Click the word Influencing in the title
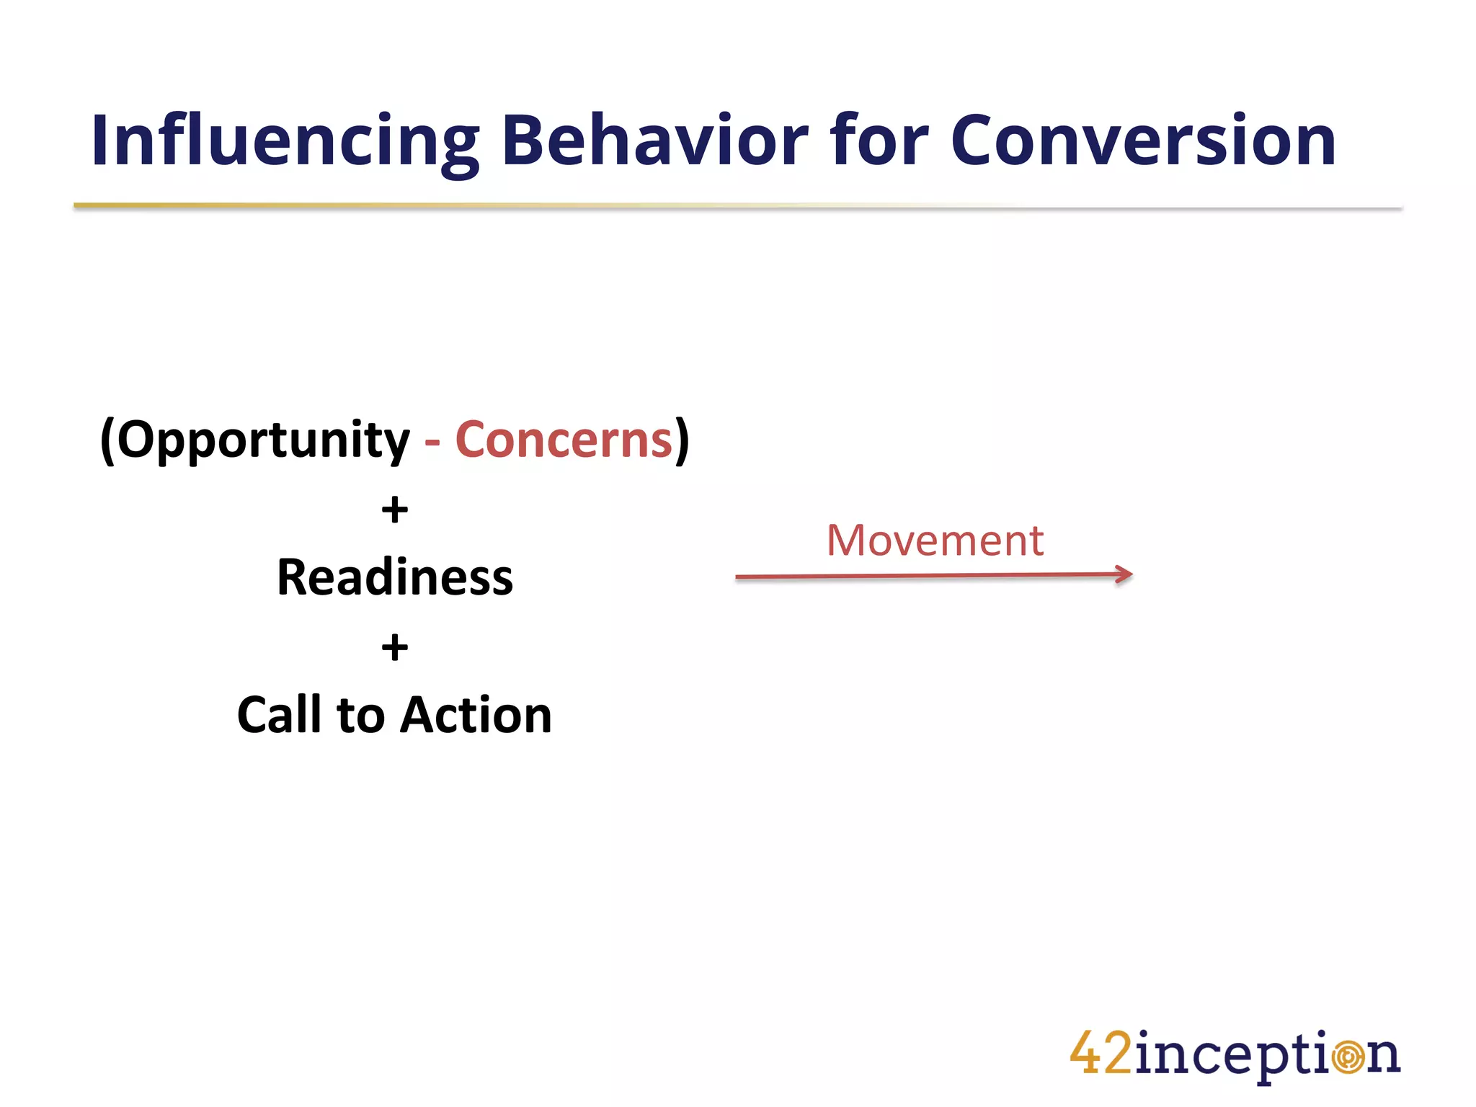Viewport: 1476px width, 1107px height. click(x=285, y=141)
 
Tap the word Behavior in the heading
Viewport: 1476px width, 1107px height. click(x=654, y=141)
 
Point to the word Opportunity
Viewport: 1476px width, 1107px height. click(x=263, y=440)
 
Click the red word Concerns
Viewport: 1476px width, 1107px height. click(x=564, y=440)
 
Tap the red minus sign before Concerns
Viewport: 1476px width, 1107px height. click(x=432, y=441)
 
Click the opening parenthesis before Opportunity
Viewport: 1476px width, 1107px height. click(x=107, y=440)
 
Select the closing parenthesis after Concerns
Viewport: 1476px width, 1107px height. click(x=682, y=440)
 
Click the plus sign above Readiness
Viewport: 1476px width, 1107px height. click(x=395, y=510)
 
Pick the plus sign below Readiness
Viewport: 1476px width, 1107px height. click(x=395, y=647)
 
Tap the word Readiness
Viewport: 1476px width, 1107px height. click(x=395, y=578)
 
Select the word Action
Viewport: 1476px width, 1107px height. click(x=476, y=715)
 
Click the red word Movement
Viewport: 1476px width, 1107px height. click(x=935, y=541)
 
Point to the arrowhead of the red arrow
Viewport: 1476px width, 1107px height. click(x=1124, y=574)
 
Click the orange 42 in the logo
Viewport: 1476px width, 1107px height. click(x=1101, y=1053)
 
